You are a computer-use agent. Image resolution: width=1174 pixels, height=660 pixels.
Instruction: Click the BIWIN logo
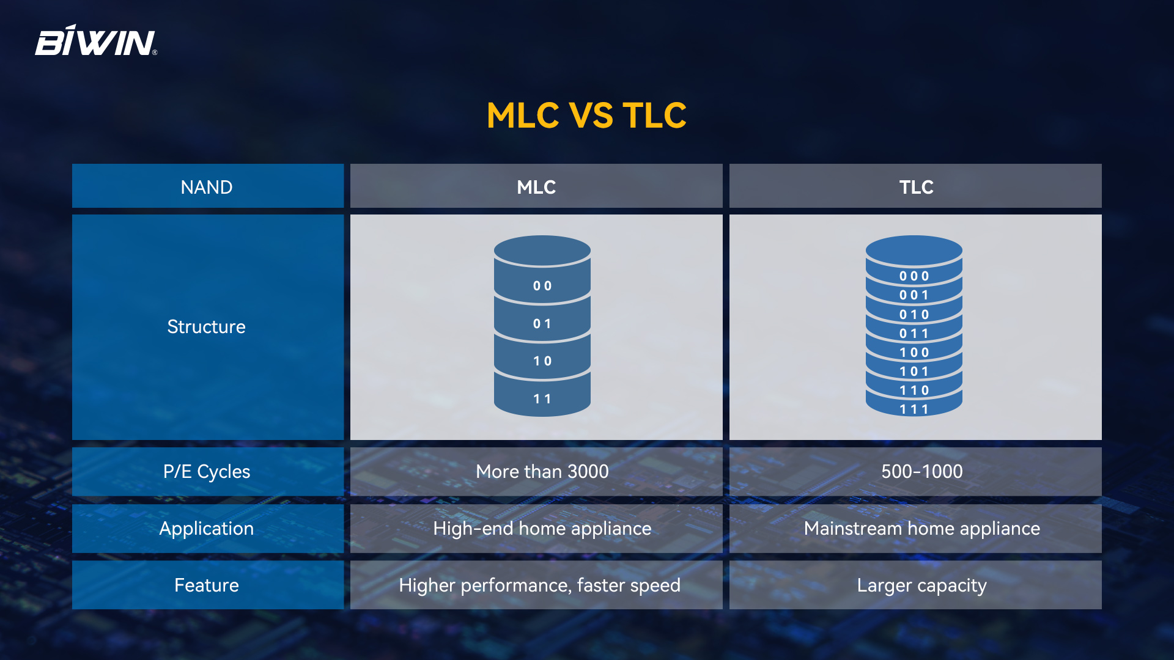pos(96,41)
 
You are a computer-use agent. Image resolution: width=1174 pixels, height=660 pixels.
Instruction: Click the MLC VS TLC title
pos(586,115)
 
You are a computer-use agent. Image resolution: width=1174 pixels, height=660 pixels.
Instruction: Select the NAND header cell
pos(208,186)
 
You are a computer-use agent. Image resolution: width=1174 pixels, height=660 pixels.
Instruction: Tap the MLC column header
pos(536,186)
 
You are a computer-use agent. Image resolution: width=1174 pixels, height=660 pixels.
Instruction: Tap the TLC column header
pos(915,186)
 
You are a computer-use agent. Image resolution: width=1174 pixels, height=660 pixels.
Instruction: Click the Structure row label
pos(208,327)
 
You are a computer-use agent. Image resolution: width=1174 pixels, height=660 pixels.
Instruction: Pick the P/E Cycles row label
pos(208,471)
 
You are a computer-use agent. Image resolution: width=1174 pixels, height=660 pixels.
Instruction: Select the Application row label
pos(208,528)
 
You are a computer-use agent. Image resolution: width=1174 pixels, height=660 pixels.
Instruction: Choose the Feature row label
pos(208,585)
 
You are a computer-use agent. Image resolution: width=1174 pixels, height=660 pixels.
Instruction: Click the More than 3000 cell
pos(536,471)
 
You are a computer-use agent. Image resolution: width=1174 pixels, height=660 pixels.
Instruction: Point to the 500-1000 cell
pos(915,471)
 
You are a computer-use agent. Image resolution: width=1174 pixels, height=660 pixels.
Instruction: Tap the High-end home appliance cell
pos(536,528)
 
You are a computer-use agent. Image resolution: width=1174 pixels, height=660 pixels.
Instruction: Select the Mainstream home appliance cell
pos(915,528)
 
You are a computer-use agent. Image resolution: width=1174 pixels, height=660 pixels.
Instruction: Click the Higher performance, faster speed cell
pos(536,585)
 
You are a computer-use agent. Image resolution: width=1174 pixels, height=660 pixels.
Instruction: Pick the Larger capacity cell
pos(915,585)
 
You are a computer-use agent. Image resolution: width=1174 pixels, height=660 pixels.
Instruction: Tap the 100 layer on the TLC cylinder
pos(914,352)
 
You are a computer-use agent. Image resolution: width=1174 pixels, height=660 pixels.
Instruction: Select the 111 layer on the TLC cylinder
pos(914,408)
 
